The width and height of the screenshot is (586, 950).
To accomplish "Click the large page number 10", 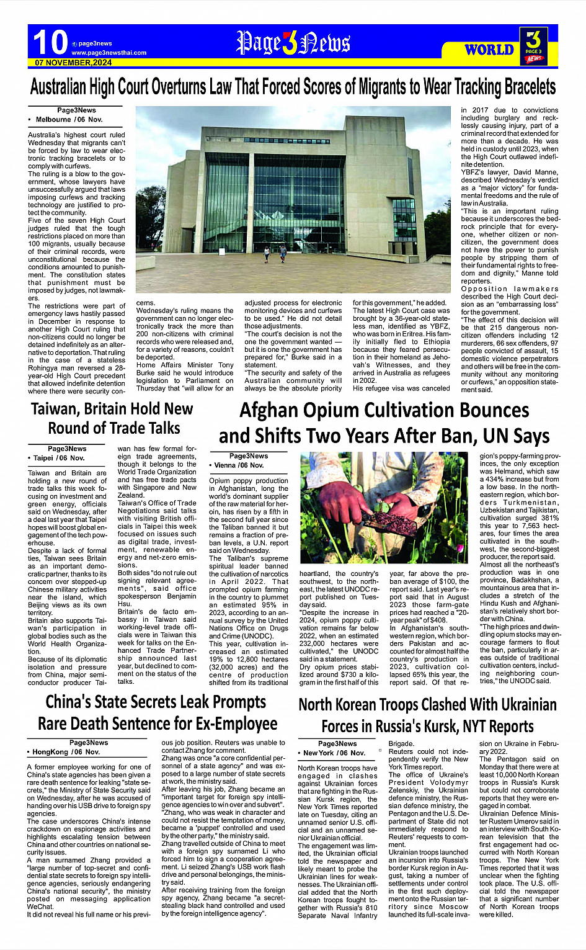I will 50,43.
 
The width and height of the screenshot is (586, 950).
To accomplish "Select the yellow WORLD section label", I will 489,50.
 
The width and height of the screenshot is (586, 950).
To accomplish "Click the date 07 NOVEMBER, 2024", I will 73,63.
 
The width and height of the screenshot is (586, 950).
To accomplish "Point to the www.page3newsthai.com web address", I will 109,53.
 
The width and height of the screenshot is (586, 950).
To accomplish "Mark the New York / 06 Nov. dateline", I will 334,753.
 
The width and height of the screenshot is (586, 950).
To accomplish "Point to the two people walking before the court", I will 275,252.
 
